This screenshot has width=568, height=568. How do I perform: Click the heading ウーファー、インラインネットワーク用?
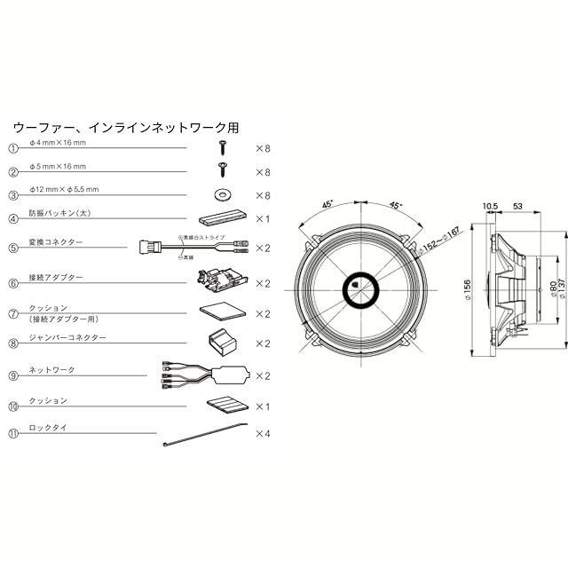126,128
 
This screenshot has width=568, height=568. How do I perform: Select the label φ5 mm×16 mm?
58,167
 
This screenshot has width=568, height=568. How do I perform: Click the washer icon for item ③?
221,193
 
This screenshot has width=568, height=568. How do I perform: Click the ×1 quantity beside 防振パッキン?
263,218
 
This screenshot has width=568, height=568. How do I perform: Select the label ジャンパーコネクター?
68,338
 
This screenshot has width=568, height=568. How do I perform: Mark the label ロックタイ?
49,428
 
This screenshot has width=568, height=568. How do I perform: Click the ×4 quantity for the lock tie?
263,435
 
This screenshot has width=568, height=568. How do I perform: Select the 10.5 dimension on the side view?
490,208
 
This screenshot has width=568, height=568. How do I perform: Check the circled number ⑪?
13,435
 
